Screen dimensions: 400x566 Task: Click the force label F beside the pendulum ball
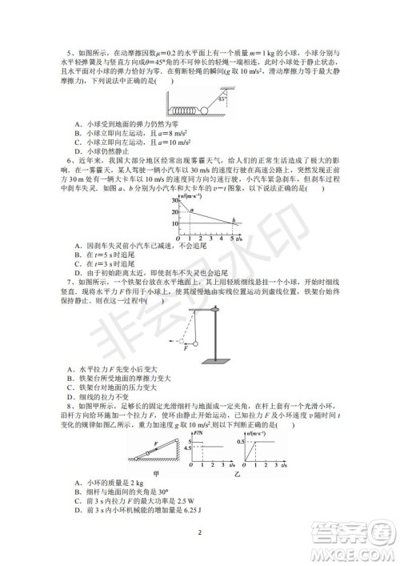click(186, 347)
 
